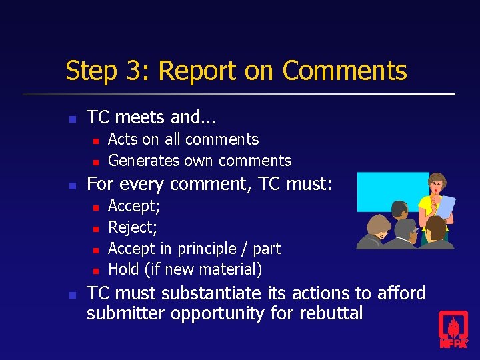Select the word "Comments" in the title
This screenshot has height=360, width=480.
344,71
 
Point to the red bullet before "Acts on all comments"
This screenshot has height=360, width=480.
95,141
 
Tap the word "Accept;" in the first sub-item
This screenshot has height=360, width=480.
133,206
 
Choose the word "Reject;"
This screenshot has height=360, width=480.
133,227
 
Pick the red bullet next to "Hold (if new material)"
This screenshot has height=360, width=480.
95,271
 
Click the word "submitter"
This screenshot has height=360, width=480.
126,313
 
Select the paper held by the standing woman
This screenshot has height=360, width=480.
445,207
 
